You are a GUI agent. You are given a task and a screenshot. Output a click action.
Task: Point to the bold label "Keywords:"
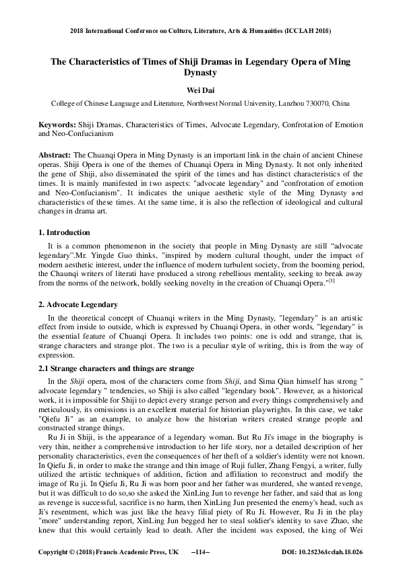57,125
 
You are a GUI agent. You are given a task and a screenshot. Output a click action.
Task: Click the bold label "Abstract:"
55,154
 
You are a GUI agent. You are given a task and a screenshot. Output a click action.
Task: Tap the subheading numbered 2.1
116,368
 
